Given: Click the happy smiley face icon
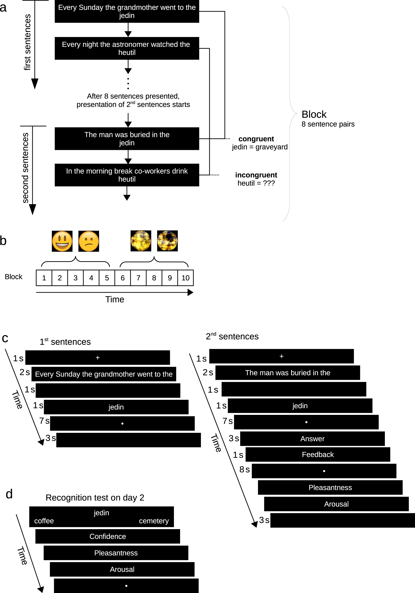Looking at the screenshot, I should coord(62,241).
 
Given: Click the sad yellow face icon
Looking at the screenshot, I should coord(89,241).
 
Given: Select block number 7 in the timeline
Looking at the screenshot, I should coord(138,278).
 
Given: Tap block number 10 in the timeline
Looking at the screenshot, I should coord(185,278).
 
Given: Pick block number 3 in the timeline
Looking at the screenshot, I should coord(75,278).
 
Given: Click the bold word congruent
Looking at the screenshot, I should coord(256,139).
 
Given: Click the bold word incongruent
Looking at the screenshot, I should coord(256,175).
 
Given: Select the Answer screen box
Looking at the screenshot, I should coord(312,439).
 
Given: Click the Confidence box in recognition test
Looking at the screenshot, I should coord(107,537).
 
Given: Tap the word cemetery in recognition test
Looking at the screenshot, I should coord(154,521).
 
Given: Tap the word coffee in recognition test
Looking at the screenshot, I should coord(44,521).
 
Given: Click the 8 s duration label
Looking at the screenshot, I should coord(244,469).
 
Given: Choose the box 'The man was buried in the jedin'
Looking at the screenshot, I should coord(127,139).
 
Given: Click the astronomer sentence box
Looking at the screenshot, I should coord(127,48).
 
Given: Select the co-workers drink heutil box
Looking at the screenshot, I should coord(127,175).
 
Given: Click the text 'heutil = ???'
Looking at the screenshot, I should coord(256,183).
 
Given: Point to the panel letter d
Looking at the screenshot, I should coord(9,494).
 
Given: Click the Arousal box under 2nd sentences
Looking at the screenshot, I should coord(336,504).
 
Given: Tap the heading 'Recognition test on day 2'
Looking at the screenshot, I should coord(95,497).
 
